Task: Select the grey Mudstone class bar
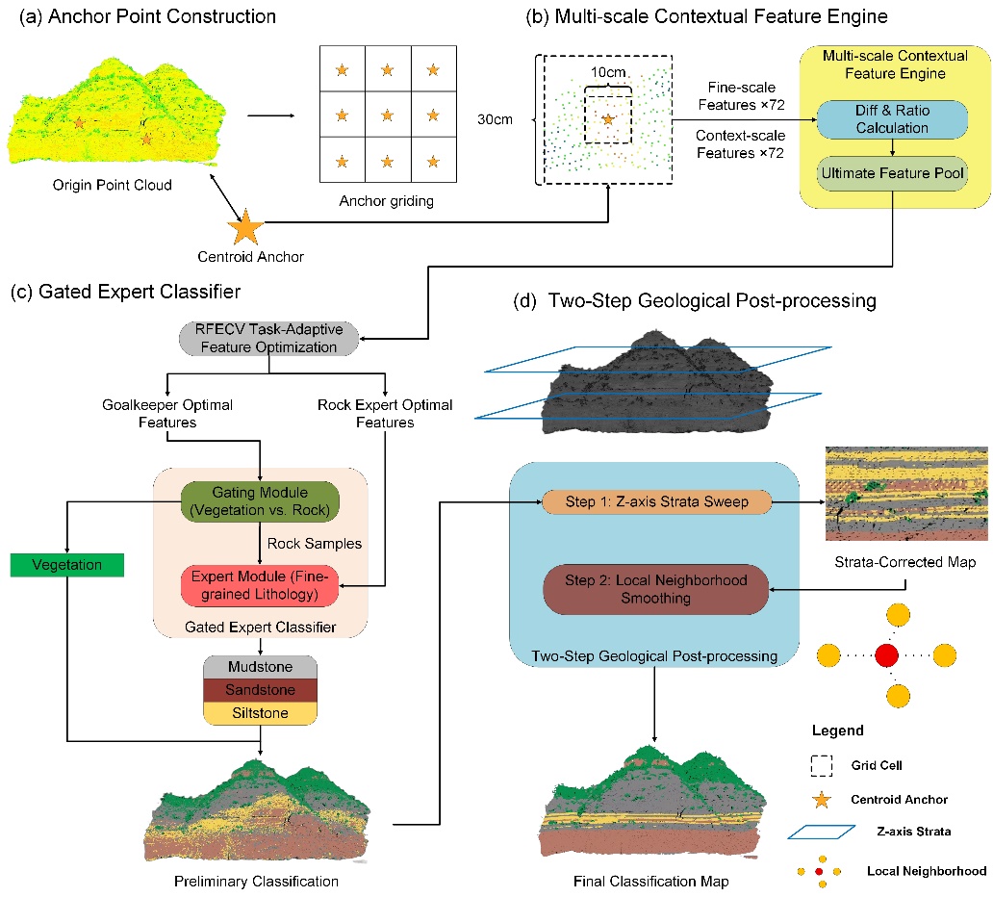pos(261,666)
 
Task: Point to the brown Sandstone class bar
pos(261,690)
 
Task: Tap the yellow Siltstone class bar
pos(261,713)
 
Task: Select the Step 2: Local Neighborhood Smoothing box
pos(655,588)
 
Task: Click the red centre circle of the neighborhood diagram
pos(887,655)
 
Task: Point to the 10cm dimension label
pos(606,74)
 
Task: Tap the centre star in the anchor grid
pos(387,115)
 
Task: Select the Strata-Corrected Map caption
pos(906,562)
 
